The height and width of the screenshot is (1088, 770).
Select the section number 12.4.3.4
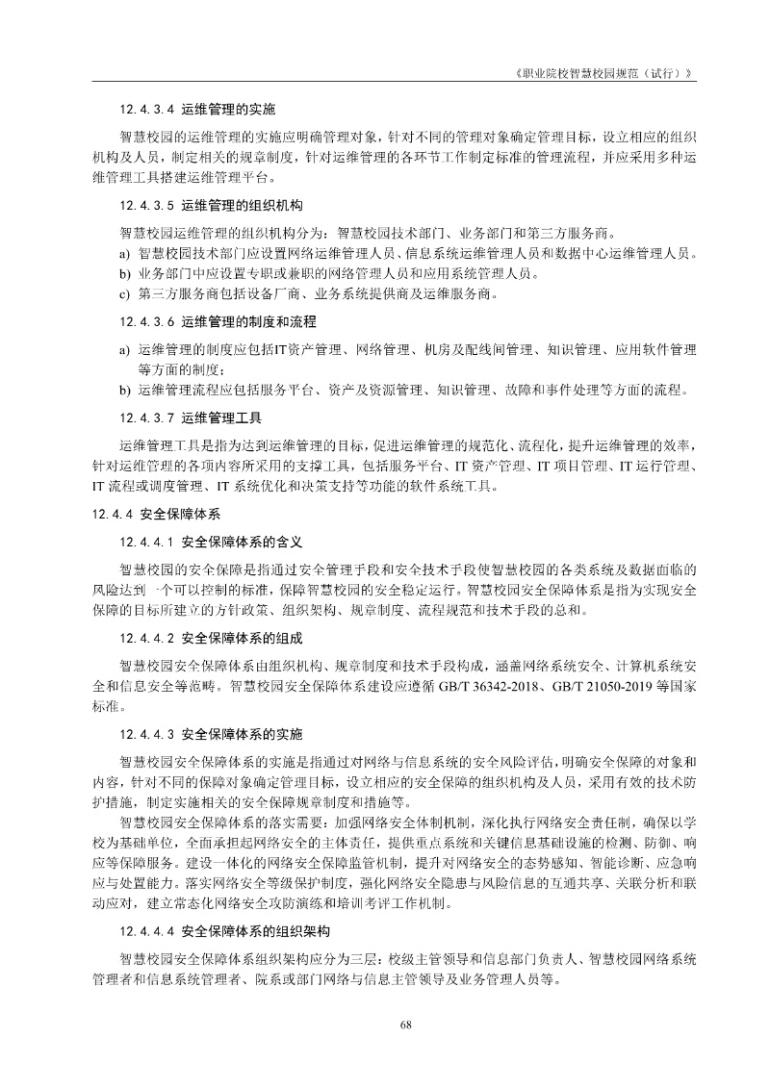(146, 109)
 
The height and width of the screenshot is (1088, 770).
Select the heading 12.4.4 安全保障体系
(153, 515)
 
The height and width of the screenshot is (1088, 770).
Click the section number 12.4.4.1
(146, 542)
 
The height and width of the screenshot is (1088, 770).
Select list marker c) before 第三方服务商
(124, 294)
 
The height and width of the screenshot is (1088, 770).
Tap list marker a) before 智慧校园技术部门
(124, 254)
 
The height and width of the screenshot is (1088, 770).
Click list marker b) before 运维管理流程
(124, 391)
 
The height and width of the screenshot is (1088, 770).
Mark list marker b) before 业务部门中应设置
(124, 274)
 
